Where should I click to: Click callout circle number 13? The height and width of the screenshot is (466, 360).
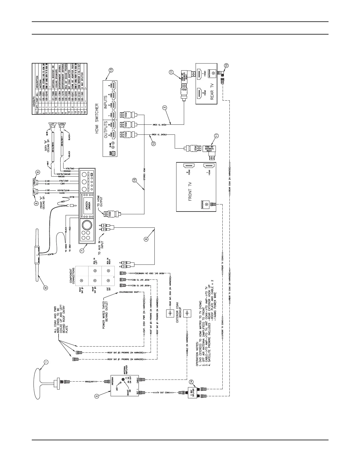click(x=111, y=70)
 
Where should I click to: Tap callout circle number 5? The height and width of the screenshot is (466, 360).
click(x=97, y=396)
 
